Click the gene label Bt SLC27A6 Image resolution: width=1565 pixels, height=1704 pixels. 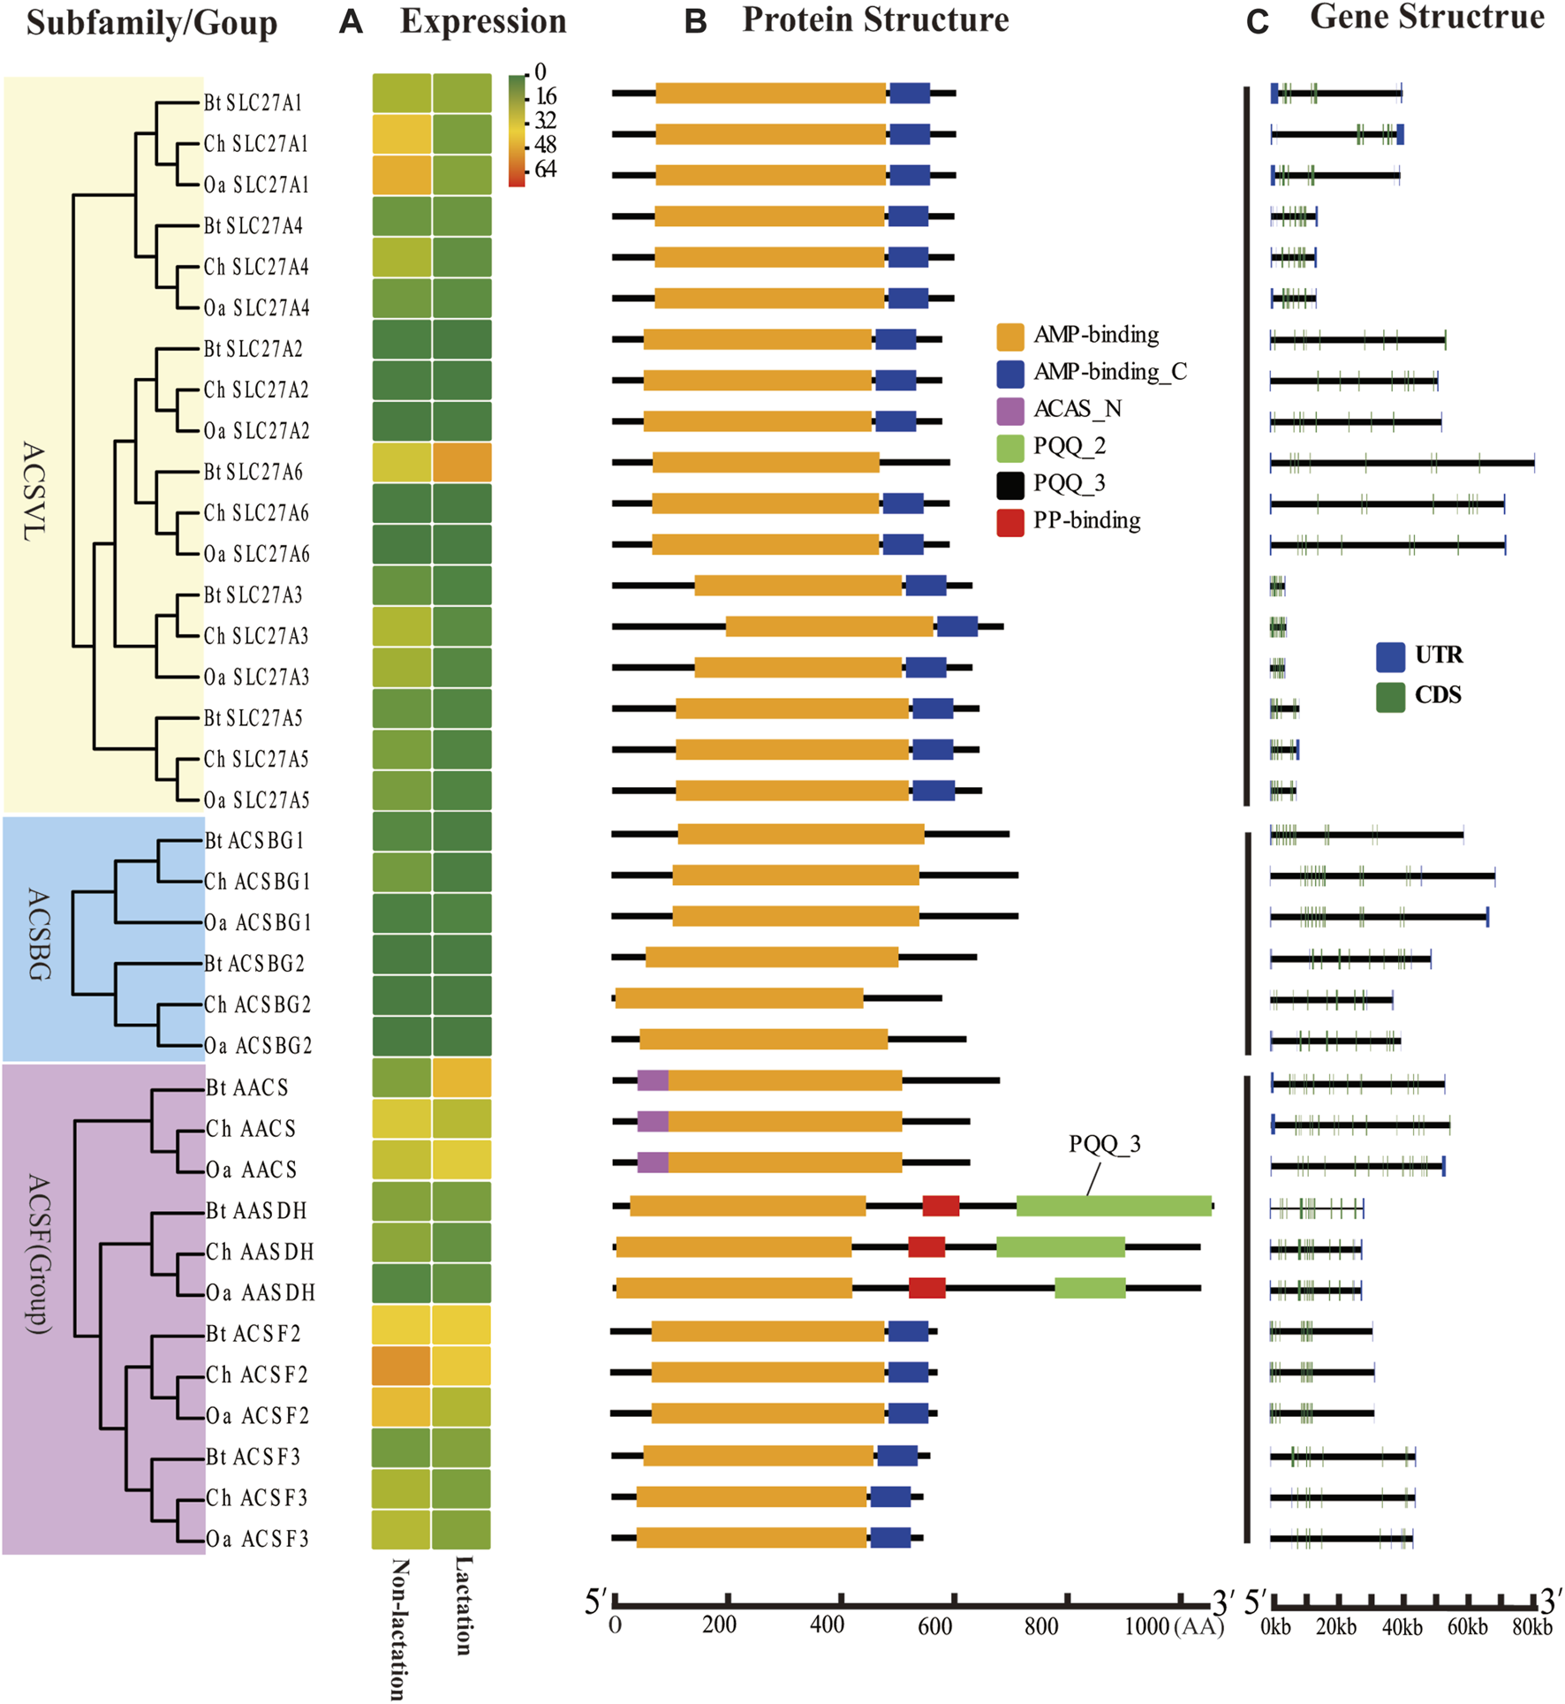coord(253,473)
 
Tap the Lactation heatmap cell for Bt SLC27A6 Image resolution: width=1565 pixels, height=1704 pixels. coord(462,463)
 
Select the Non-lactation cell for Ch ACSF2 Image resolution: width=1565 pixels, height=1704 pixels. coord(401,1366)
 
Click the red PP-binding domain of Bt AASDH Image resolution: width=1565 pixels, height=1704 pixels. coord(941,1206)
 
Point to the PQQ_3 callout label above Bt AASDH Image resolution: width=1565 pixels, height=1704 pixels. coord(1104,1144)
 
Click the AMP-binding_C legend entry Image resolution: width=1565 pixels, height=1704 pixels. coord(1109,372)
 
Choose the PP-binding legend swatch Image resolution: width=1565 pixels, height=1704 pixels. coord(1010,522)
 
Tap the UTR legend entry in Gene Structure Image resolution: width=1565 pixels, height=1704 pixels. coord(1438,655)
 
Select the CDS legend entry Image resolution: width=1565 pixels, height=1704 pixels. coord(1437,695)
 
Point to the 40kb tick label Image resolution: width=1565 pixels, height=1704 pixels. coord(1402,1626)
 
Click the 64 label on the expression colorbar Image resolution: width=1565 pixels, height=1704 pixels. coord(545,170)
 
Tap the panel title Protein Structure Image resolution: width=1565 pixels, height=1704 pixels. coord(874,20)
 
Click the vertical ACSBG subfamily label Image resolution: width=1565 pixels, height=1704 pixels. coord(38,935)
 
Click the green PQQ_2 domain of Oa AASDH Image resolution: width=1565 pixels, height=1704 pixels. coord(1090,1288)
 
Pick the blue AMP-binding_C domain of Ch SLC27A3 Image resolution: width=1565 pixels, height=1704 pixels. coord(956,626)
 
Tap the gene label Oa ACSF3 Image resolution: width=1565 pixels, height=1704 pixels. coord(257,1539)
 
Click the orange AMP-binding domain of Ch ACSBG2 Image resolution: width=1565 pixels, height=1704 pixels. coord(739,998)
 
